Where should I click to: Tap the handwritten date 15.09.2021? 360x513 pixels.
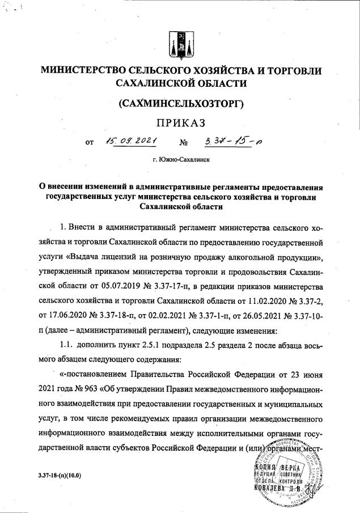[129, 142]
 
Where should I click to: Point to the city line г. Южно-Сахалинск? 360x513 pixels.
[180, 160]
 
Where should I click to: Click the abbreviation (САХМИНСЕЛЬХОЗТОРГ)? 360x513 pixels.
[180, 104]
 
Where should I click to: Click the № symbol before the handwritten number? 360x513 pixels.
[183, 143]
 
